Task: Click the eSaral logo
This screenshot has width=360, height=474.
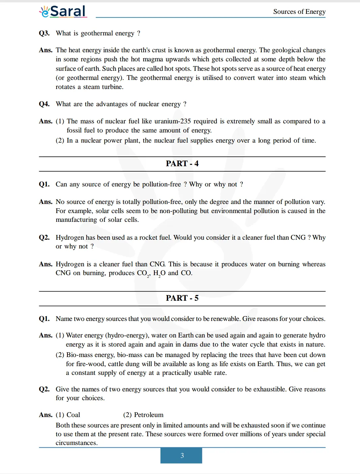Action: click(x=63, y=11)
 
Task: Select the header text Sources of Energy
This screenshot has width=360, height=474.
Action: click(x=299, y=12)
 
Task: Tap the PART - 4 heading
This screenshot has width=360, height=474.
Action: click(x=182, y=164)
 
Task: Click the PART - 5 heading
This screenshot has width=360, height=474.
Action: click(x=182, y=298)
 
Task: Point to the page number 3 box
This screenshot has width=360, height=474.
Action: click(x=181, y=455)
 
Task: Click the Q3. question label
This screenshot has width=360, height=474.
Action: click(x=44, y=33)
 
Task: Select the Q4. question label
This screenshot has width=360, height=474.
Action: click(x=44, y=104)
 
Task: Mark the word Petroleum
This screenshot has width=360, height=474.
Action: click(x=149, y=415)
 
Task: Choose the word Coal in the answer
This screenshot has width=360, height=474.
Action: click(x=73, y=415)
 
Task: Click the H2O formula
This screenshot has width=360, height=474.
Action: click(x=159, y=273)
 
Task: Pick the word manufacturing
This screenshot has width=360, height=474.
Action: click(x=76, y=219)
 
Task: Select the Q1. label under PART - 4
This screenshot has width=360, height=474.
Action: click(x=44, y=184)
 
